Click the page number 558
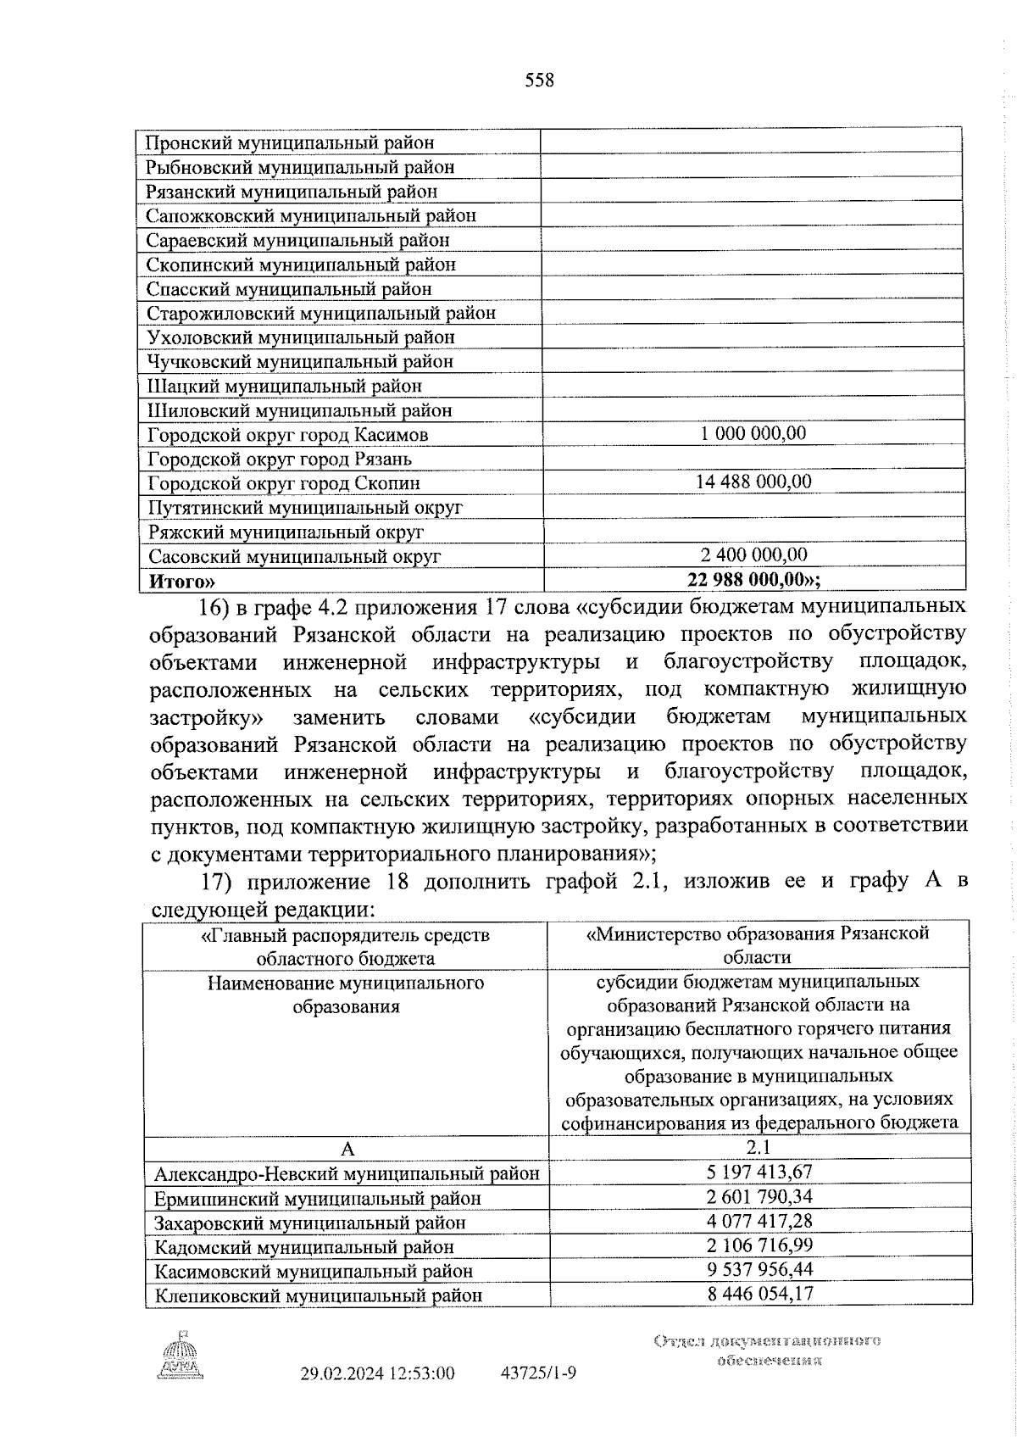tap(539, 81)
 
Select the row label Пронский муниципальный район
tap(290, 142)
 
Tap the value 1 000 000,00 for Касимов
tap(753, 433)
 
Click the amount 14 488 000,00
tap(753, 482)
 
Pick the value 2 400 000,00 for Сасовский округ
tap(753, 554)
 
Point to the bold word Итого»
tap(181, 581)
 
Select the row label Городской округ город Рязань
tap(279, 459)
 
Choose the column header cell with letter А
tap(346, 1149)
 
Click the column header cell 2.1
tap(759, 1148)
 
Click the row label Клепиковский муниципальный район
tap(318, 1295)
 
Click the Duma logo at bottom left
tap(179, 1359)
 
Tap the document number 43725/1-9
tap(539, 1373)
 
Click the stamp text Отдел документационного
tap(767, 1340)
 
